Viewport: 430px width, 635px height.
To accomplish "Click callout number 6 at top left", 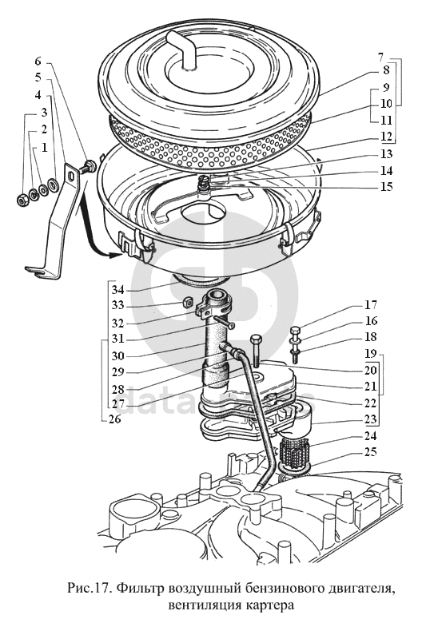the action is [x=38, y=62].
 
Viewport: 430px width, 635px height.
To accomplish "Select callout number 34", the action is [x=118, y=290].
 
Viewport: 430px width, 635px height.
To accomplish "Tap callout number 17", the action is [x=371, y=304].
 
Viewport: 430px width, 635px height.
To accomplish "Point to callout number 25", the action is [x=371, y=451].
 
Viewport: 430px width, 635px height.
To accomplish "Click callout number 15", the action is [x=387, y=187].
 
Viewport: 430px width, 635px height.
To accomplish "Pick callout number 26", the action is [x=115, y=419].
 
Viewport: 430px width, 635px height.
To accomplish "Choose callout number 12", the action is [x=387, y=137].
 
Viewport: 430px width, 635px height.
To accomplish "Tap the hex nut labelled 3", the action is [x=21, y=198].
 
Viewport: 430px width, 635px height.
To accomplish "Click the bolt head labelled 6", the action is [x=90, y=165].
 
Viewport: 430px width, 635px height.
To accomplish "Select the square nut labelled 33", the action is [x=187, y=302].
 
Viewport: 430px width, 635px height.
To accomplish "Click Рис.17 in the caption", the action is [x=90, y=588].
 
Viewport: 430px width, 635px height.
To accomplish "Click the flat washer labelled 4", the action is [x=53, y=185].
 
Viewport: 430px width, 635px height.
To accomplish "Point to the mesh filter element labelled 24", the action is [x=294, y=453].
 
